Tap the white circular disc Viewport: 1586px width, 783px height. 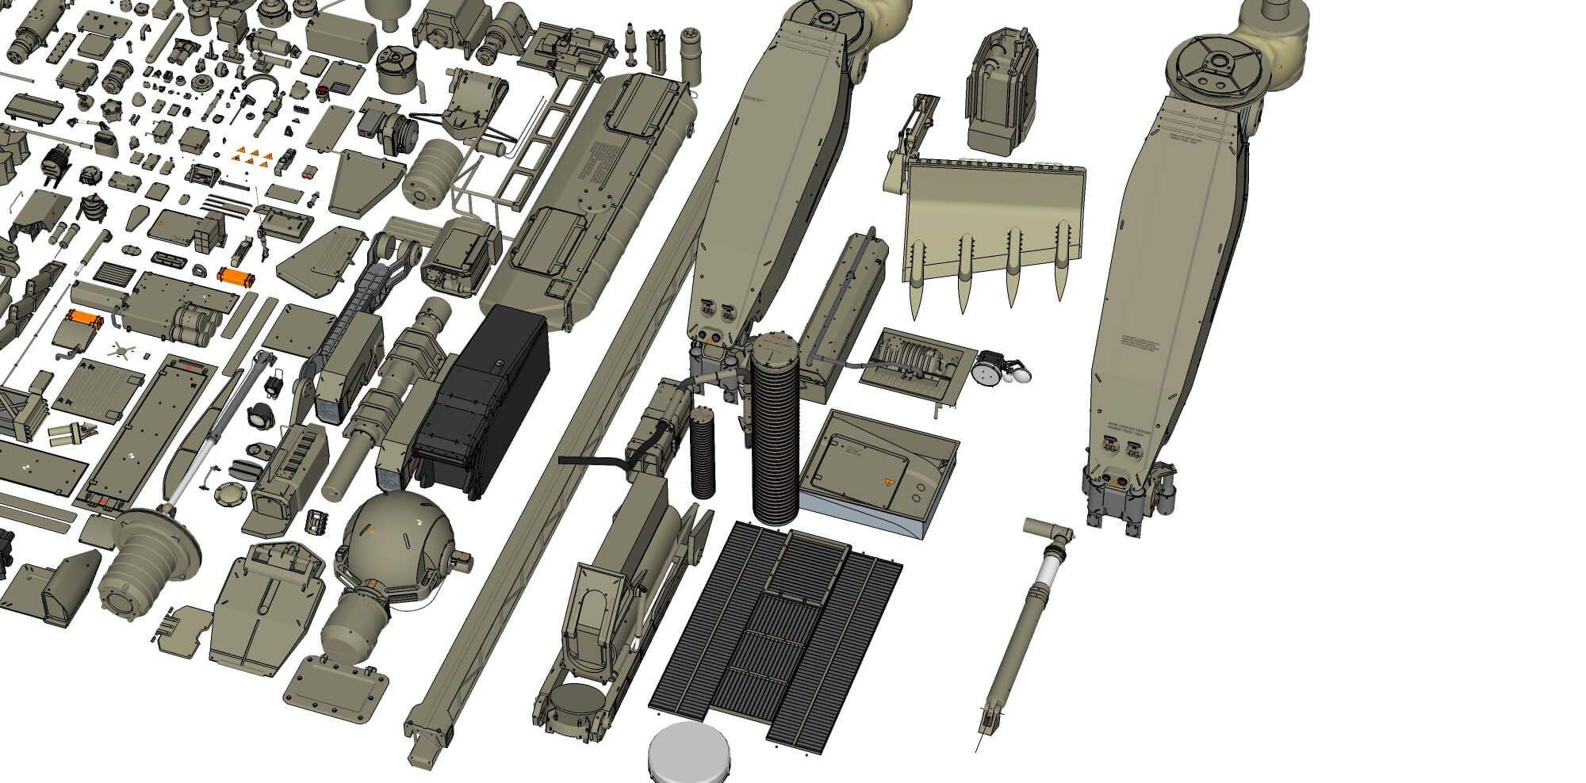pyautogui.click(x=689, y=753)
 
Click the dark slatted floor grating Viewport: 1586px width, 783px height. pyautogui.click(x=777, y=634)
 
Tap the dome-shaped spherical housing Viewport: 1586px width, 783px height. pyautogui.click(x=400, y=539)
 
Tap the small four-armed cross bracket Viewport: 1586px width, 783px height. pyautogui.click(x=120, y=348)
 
